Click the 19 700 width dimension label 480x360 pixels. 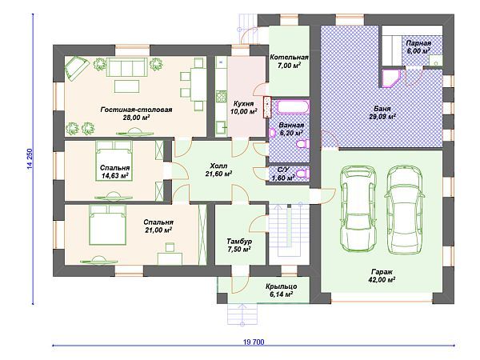[254, 342]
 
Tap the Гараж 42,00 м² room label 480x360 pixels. [382, 276]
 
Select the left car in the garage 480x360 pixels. [358, 209]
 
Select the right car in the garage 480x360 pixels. [405, 210]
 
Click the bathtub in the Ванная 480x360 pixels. [294, 107]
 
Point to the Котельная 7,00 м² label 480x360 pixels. [289, 62]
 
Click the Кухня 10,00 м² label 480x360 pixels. [243, 107]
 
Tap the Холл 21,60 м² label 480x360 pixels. [218, 170]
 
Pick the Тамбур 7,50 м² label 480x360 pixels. [239, 246]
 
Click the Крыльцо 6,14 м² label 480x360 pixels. [281, 290]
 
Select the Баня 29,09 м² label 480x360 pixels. [382, 112]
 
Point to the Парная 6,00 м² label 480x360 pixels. [418, 47]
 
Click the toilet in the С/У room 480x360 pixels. [303, 174]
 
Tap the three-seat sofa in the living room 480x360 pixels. [126, 68]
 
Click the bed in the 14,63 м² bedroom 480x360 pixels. [114, 161]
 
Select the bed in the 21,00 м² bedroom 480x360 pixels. [108, 224]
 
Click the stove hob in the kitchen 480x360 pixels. [221, 97]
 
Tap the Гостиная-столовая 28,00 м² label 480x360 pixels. [137, 114]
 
